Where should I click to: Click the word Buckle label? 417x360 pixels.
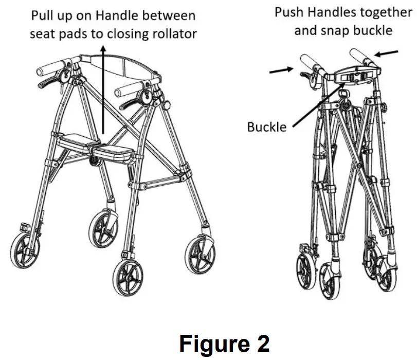pos(266,126)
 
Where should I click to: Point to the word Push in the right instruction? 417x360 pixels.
pos(289,12)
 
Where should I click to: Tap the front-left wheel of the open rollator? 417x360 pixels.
pos(26,250)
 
